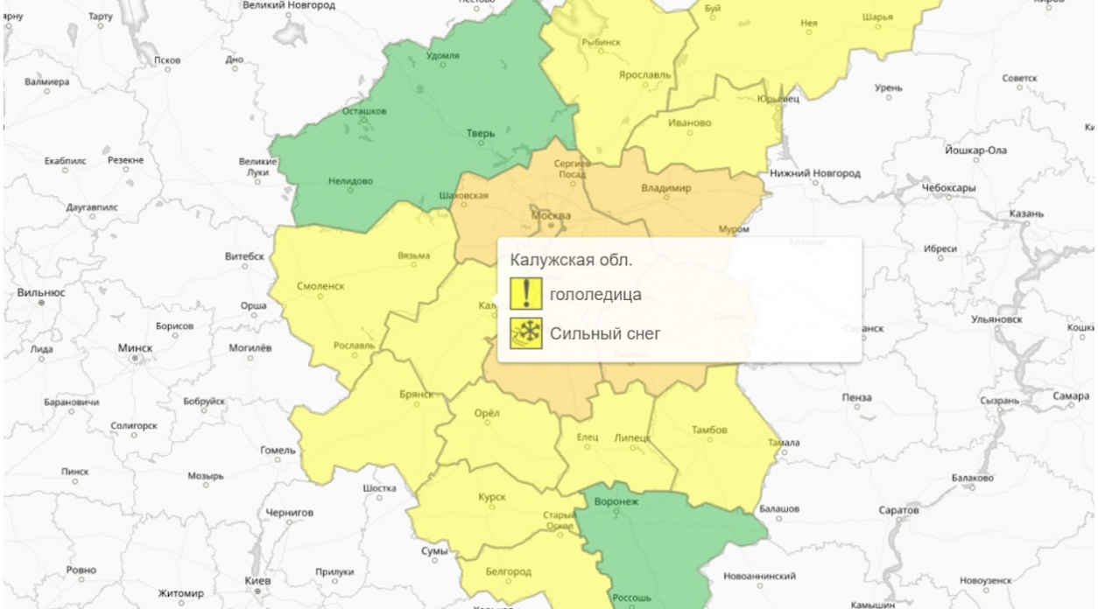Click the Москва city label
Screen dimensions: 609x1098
(552, 215)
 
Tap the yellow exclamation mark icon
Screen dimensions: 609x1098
(526, 293)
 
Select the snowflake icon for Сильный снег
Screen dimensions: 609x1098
(526, 332)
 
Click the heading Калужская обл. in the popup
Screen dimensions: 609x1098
(571, 261)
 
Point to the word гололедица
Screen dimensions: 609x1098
(595, 295)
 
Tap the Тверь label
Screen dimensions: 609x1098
(480, 134)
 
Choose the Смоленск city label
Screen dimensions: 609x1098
(320, 285)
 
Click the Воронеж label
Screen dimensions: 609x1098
(616, 501)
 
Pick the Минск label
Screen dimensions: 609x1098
(135, 347)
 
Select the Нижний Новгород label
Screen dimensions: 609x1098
(814, 173)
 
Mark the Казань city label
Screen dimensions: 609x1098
(1026, 213)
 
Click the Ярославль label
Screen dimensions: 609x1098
(644, 75)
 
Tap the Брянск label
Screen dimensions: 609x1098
(416, 395)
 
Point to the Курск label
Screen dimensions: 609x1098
(492, 497)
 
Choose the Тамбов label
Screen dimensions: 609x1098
(709, 430)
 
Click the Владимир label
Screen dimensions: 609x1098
(665, 188)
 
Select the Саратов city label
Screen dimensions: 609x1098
(898, 509)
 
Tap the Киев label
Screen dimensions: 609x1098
(258, 581)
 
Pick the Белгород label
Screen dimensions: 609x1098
(508, 571)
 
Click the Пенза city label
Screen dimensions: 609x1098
(856, 397)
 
